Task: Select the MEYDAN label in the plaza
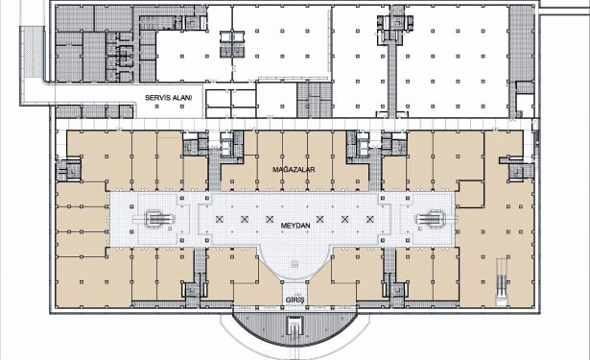(295, 226)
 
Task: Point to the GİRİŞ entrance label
(295, 300)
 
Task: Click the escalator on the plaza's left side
(160, 219)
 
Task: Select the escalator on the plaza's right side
(431, 219)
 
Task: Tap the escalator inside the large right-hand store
(502, 281)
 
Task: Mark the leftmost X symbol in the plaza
(220, 219)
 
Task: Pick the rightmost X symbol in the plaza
(370, 219)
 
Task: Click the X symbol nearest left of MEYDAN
(270, 219)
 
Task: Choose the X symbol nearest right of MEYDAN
(319, 219)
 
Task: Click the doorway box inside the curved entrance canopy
(295, 326)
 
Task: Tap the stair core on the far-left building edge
(68, 171)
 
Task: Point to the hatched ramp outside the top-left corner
(33, 52)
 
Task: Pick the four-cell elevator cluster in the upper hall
(232, 44)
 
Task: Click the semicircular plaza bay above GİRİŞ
(295, 264)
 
